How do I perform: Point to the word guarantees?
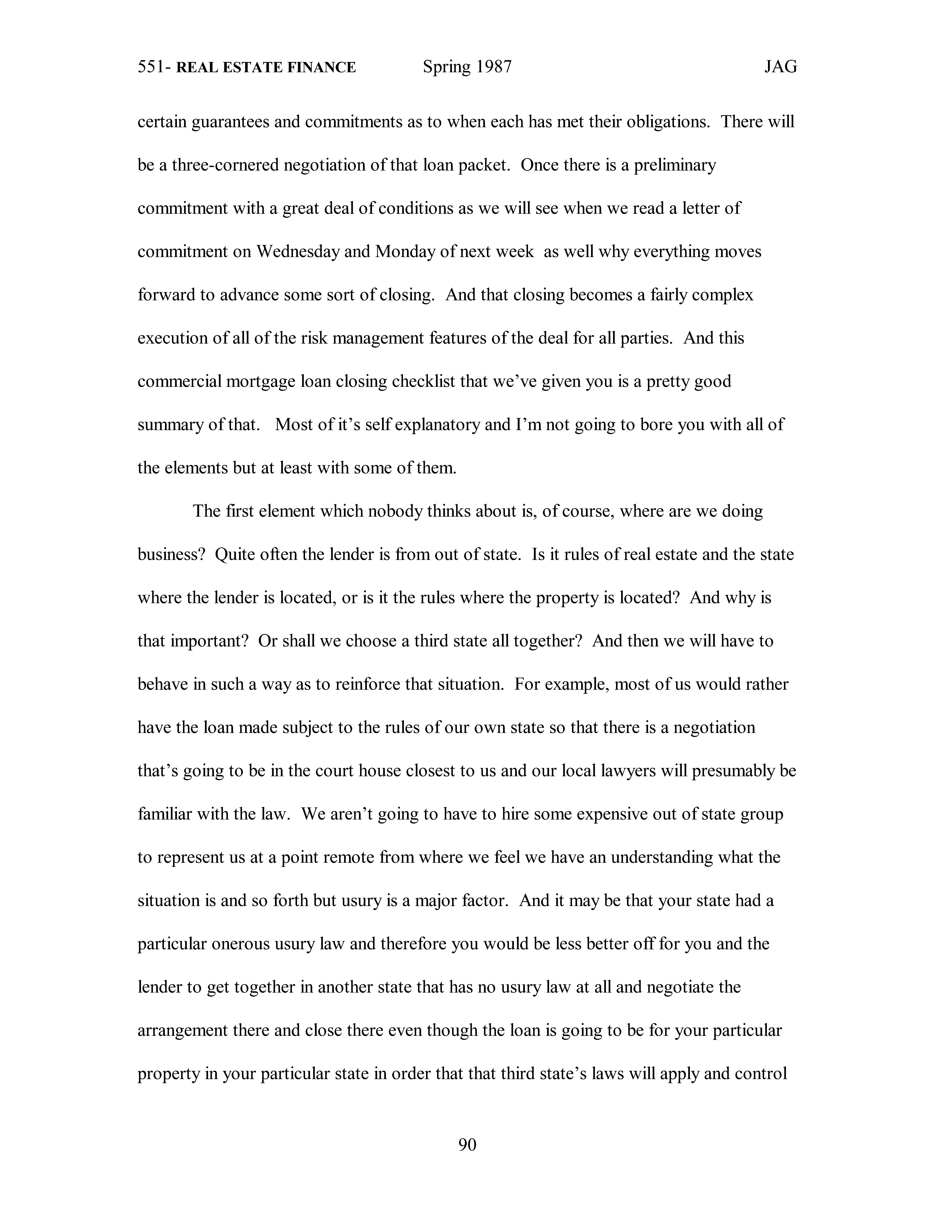click(x=230, y=122)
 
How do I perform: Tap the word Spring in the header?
click(x=443, y=68)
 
